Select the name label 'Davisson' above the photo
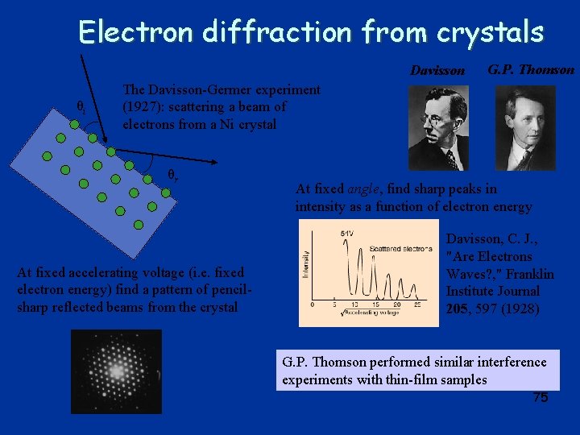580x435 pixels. (x=437, y=71)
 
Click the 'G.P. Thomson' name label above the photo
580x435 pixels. (x=532, y=69)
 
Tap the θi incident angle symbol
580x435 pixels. (x=81, y=107)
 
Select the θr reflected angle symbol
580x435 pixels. (x=172, y=175)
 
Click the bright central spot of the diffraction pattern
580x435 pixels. (x=116, y=371)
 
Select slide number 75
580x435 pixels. (x=541, y=398)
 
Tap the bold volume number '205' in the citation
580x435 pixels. (x=459, y=308)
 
